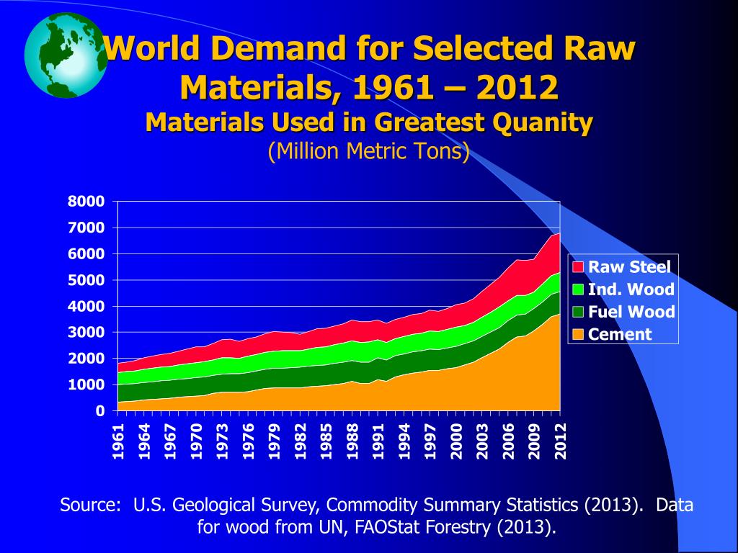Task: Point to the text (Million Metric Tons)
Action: coord(368,152)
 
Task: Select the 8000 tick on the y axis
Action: coord(86,202)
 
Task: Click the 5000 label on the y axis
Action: coord(86,280)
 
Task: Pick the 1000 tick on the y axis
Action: coord(86,385)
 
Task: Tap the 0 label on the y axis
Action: coord(101,411)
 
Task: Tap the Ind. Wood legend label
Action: coord(631,289)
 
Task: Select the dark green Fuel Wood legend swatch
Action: coord(578,312)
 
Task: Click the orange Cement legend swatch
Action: coord(578,334)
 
